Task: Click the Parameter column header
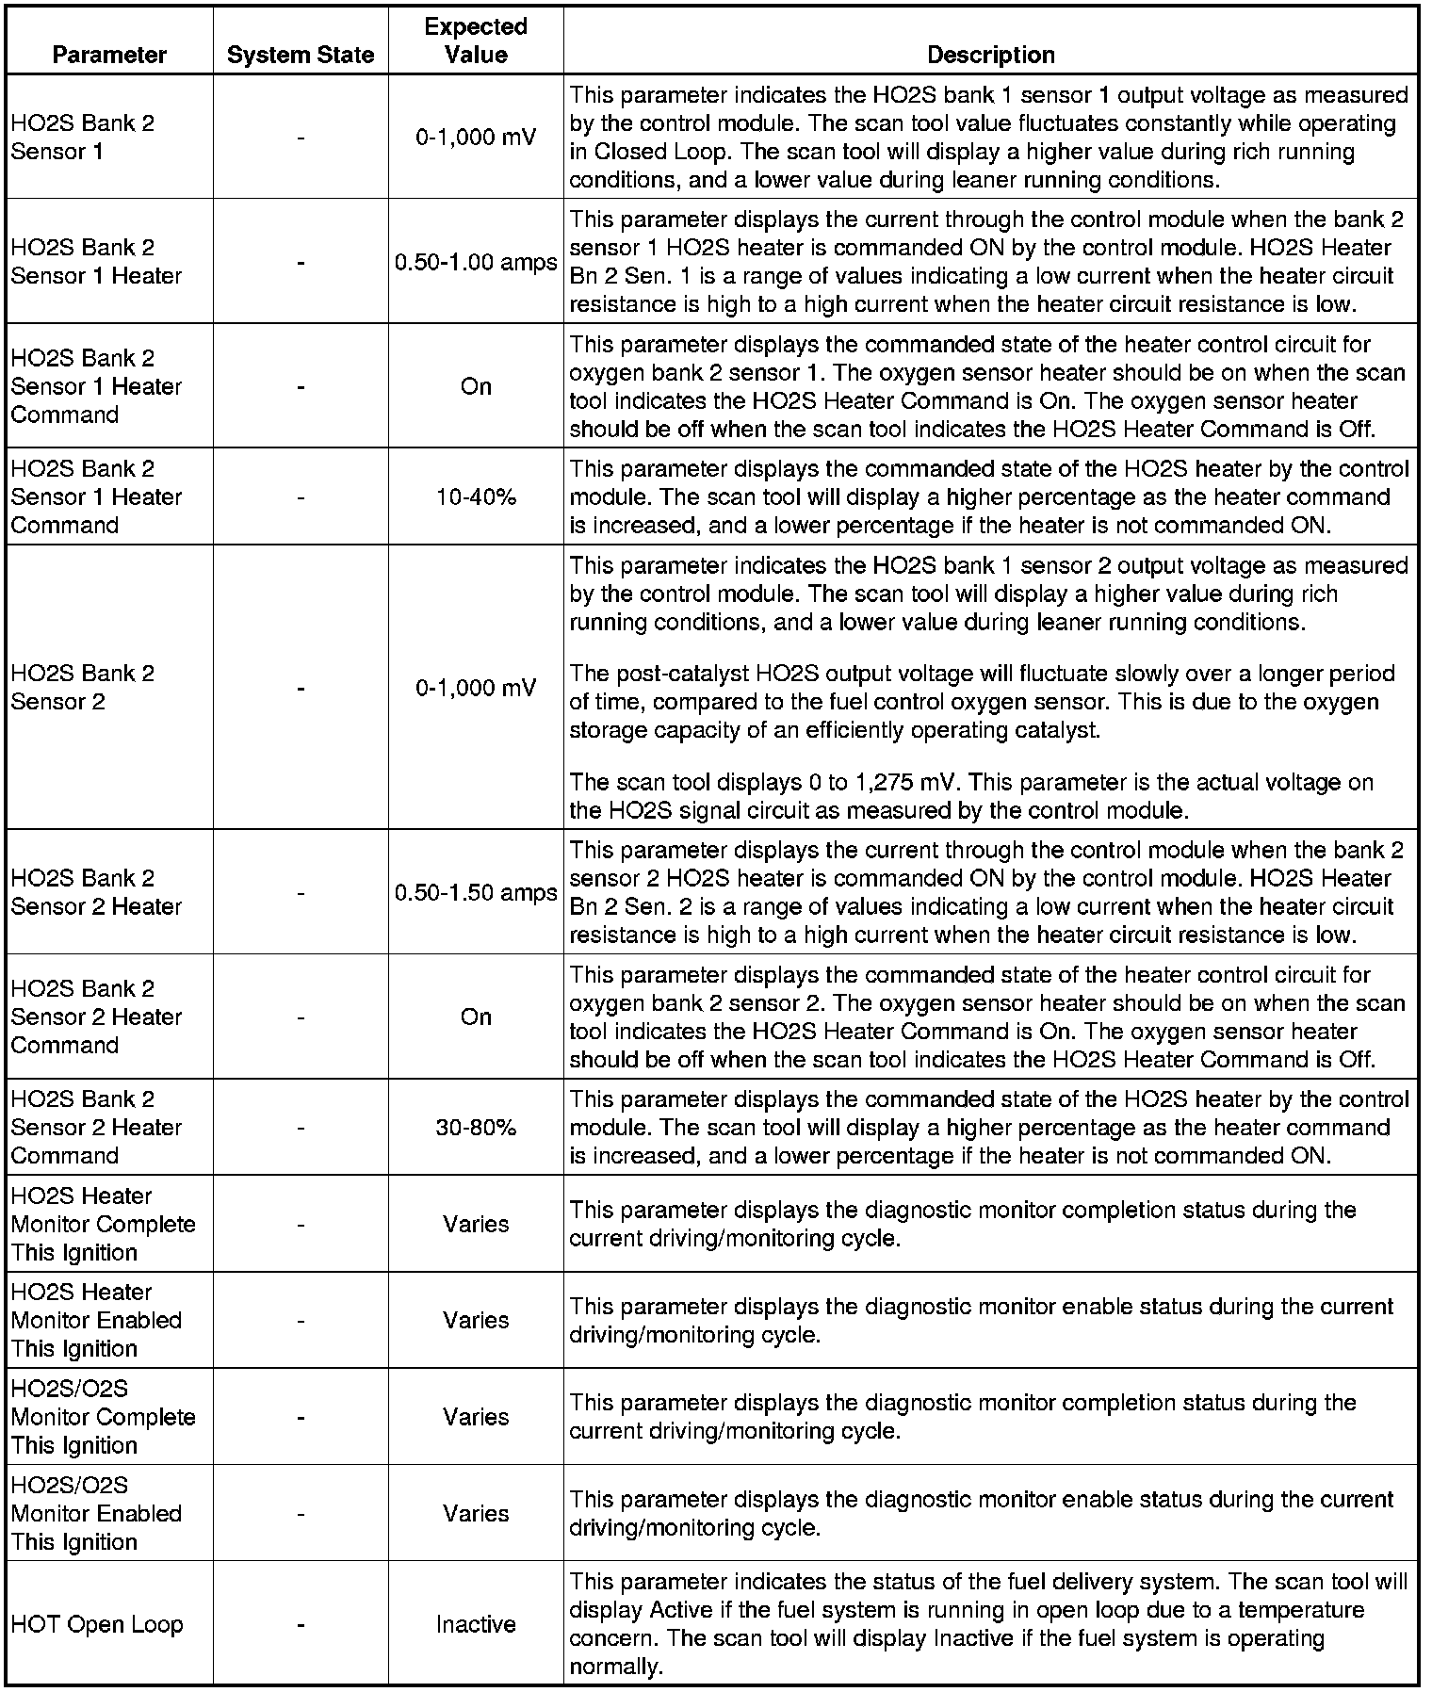109,55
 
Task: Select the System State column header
301,55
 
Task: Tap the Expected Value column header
476,41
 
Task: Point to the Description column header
990,55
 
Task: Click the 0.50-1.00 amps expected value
476,262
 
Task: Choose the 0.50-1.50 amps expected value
476,892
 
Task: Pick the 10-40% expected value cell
476,496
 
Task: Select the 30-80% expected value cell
476,1127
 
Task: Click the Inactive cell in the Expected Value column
476,1624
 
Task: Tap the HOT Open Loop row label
97,1624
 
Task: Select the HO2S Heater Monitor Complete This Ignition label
104,1224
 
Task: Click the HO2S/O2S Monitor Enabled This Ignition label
96,1513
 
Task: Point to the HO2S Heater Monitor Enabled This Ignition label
96,1320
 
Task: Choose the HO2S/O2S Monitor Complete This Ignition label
104,1417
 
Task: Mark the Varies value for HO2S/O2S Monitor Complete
476,1417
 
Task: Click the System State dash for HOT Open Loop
301,1624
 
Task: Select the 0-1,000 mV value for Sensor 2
476,688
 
